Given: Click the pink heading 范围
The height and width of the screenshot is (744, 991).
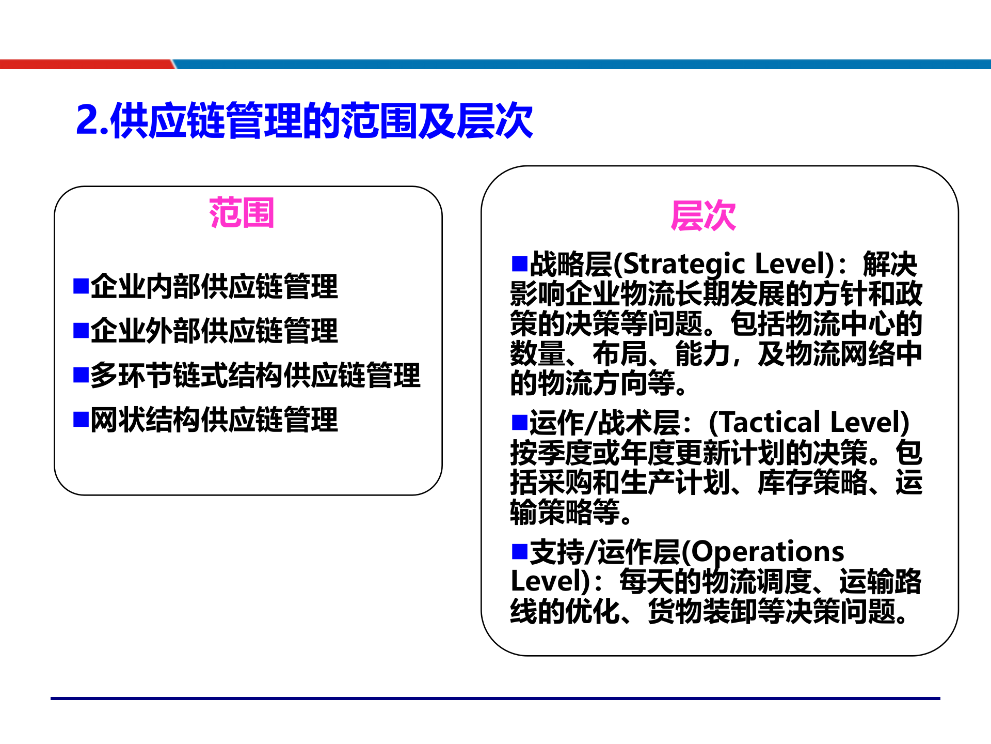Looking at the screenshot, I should pyautogui.click(x=242, y=213).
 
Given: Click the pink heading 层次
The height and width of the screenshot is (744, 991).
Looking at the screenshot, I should pyautogui.click(x=703, y=216).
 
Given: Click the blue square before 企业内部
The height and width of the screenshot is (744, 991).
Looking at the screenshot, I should pyautogui.click(x=81, y=286).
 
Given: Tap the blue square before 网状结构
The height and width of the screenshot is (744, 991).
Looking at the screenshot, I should pyautogui.click(x=81, y=419).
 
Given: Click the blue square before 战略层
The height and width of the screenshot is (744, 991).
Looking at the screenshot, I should pyautogui.click(x=519, y=263).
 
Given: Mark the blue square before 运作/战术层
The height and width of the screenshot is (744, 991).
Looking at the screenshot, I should pyautogui.click(x=519, y=422).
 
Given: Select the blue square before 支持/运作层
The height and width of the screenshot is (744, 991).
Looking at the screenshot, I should pyautogui.click(x=519, y=551).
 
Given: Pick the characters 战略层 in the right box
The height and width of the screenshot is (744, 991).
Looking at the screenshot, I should pyautogui.click(x=571, y=265).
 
